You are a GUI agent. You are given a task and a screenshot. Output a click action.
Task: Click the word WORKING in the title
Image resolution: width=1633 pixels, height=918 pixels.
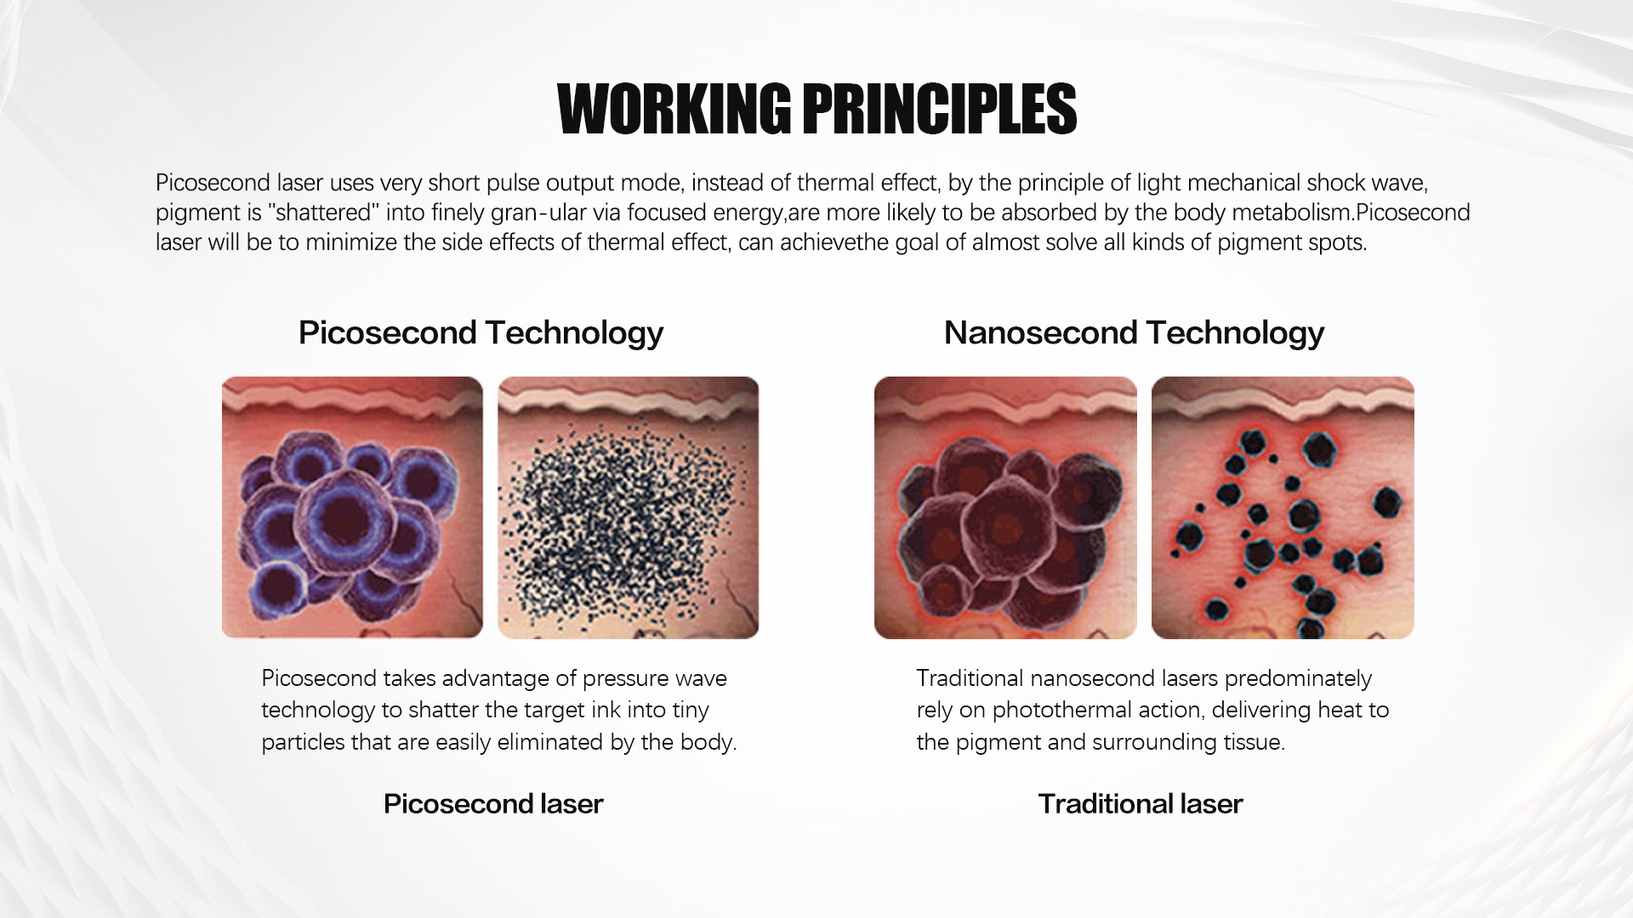[674, 109]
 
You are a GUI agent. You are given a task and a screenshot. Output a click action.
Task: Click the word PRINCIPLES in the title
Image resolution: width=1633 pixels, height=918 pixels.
[940, 109]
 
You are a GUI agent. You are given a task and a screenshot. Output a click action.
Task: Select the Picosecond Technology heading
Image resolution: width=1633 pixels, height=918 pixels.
[481, 333]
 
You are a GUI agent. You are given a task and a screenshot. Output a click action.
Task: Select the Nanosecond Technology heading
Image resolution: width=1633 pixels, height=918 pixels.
[1134, 333]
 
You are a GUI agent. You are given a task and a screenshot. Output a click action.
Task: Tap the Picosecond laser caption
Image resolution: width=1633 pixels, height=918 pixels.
[493, 804]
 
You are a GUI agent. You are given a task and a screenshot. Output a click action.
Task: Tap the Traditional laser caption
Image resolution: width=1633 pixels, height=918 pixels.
[1141, 804]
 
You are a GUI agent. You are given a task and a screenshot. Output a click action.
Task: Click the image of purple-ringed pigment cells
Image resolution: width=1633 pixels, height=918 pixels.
[352, 507]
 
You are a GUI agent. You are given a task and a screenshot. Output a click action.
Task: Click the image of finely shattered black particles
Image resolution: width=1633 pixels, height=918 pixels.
[628, 507]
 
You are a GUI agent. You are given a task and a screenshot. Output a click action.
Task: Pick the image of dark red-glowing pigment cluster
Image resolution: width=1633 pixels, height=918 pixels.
[1005, 507]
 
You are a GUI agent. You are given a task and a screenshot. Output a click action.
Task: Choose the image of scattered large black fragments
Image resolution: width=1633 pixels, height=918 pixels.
[1283, 507]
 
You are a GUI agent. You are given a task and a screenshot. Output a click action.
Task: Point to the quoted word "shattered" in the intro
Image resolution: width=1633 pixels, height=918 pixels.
[323, 212]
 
